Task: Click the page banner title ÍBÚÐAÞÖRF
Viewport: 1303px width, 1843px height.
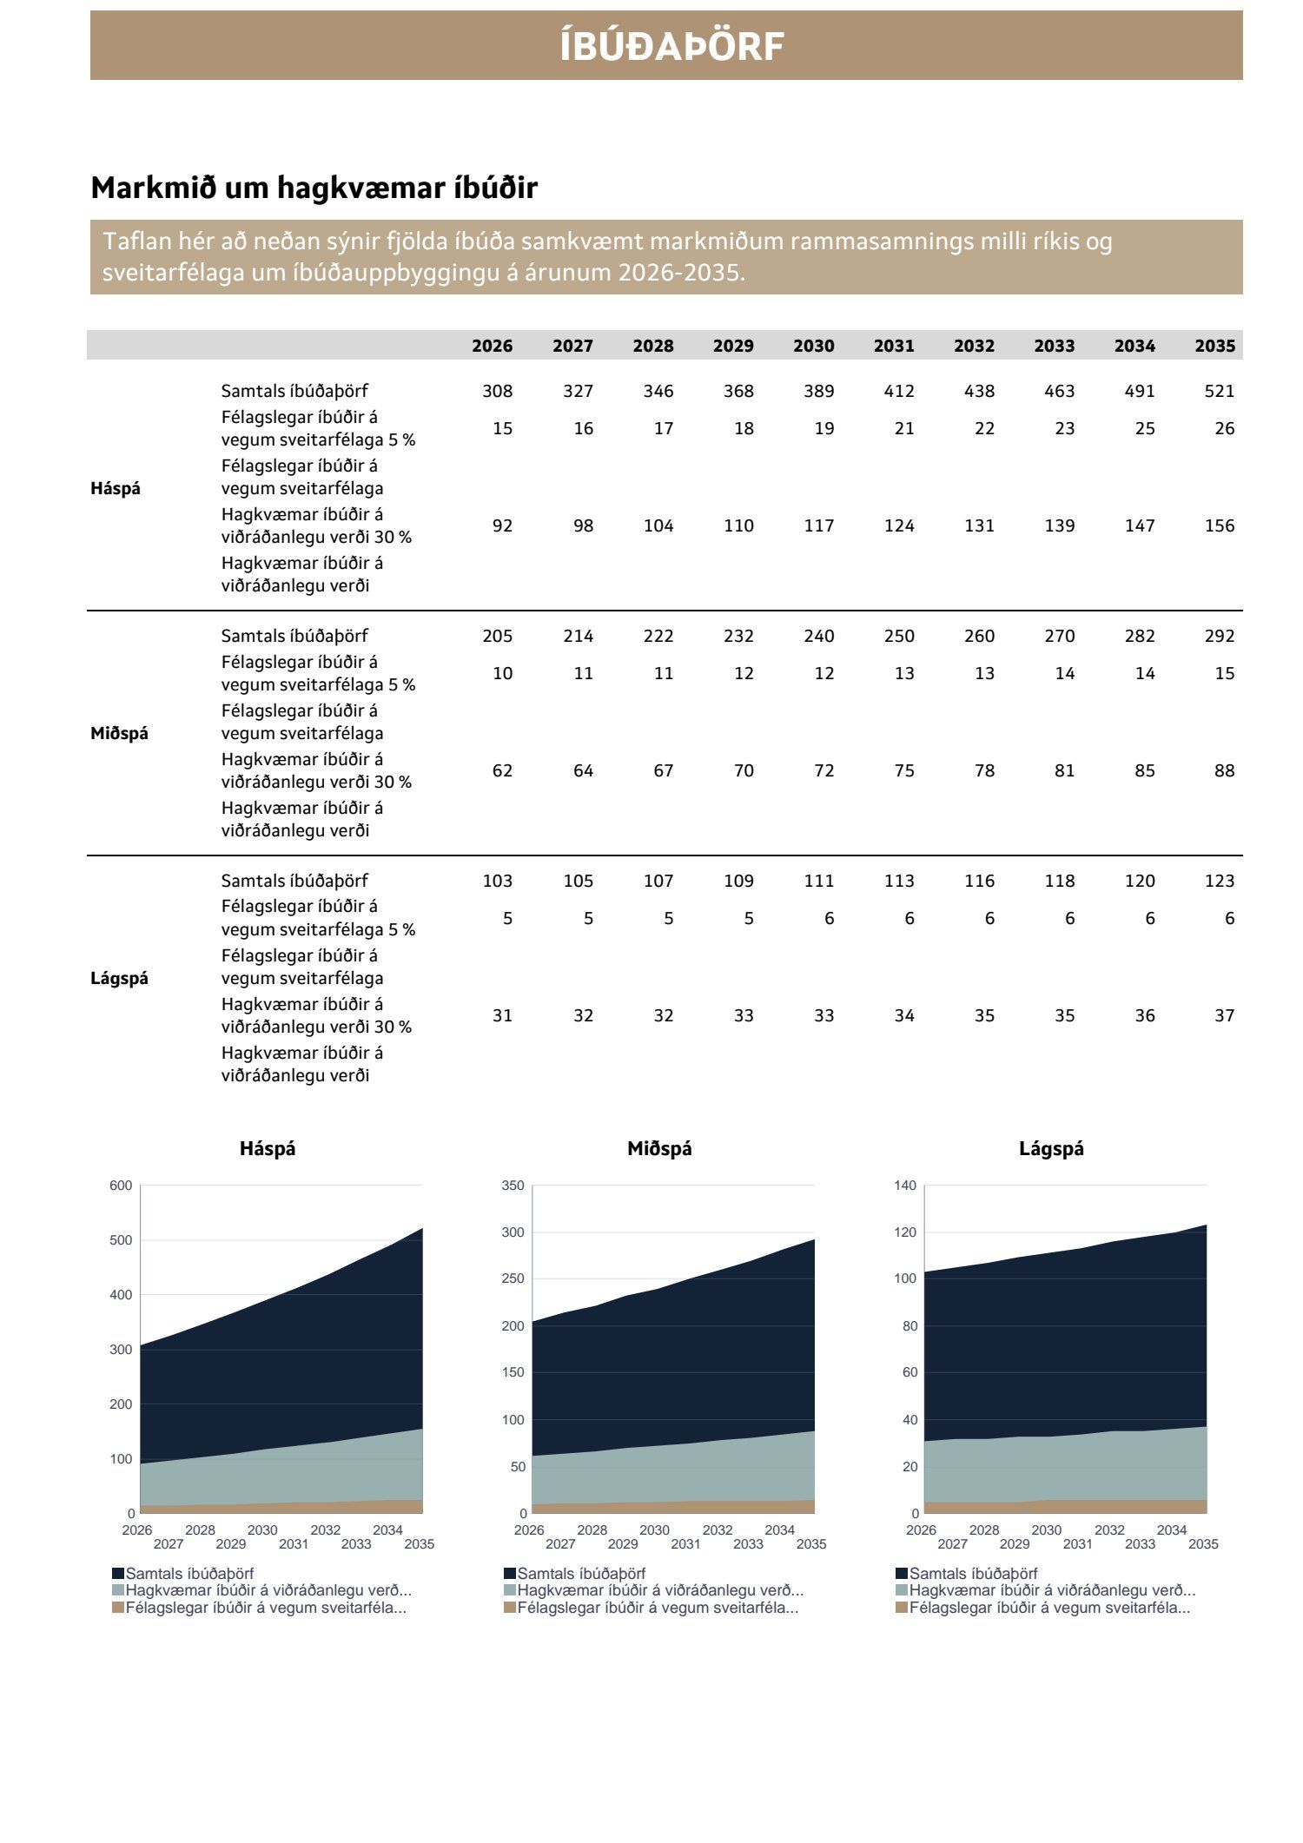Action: tap(671, 47)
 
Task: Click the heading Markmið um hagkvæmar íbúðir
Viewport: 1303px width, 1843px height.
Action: tap(314, 188)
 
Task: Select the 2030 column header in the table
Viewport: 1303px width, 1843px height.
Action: tap(813, 346)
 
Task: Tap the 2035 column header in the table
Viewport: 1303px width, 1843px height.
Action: tap(1214, 346)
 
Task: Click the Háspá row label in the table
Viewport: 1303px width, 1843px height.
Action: tap(116, 488)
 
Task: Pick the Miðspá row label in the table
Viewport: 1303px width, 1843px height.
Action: tap(119, 733)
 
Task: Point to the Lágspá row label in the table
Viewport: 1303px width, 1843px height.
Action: tap(119, 978)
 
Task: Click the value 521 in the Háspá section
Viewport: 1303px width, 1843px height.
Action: tap(1219, 391)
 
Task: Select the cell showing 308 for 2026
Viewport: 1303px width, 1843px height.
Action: tap(497, 391)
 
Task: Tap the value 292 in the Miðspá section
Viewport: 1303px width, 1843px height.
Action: tap(1219, 636)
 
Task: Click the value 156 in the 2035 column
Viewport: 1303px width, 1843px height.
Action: tap(1219, 525)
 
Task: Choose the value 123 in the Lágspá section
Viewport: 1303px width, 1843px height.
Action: tap(1219, 881)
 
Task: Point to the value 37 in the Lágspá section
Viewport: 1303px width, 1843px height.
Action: tap(1224, 1015)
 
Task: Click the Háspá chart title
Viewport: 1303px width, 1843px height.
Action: tap(268, 1148)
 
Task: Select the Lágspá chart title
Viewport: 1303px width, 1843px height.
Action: tap(1051, 1148)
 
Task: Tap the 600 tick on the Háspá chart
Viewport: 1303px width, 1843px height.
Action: tap(121, 1186)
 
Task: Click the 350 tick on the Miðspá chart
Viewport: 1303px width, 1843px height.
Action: tap(513, 1186)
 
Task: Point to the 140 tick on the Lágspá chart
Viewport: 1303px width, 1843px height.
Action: tap(905, 1186)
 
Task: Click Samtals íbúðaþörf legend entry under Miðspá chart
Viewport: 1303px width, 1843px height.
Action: tap(581, 1574)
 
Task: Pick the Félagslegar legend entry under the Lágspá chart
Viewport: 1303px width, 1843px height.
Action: tap(1048, 1608)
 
